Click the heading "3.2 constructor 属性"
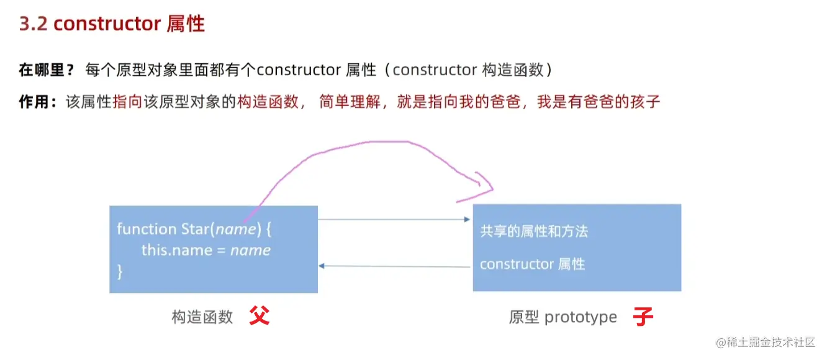pos(112,24)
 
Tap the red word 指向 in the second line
pos(129,102)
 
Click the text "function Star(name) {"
pos(194,229)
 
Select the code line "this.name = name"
pos(206,250)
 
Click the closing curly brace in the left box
pos(120,271)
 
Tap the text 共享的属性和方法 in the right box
pos(534,232)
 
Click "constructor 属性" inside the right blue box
pos(532,264)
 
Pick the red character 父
pos(260,317)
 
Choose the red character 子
pos(643,317)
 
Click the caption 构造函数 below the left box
pos(202,317)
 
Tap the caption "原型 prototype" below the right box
pos(563,317)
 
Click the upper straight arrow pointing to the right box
pos(394,219)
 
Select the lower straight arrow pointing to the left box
pos(394,266)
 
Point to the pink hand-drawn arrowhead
pos(484,186)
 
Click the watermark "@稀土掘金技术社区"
pos(765,342)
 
